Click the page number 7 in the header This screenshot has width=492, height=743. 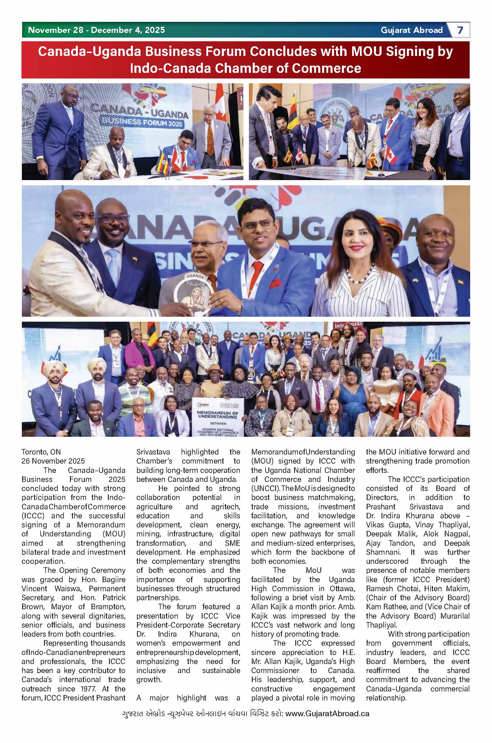460,30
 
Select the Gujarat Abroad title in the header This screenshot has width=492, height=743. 412,30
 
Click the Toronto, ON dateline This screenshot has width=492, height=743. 41,452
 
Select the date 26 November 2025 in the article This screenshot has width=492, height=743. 53,461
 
